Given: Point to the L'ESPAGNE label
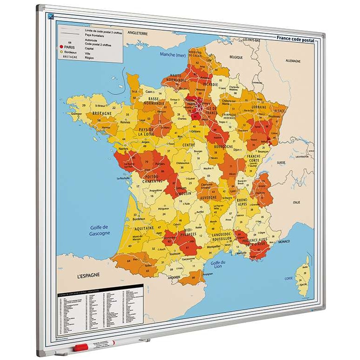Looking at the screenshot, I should click(x=88, y=275).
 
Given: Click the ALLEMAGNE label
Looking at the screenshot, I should click(x=293, y=61).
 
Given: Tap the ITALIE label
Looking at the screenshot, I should click(x=296, y=202).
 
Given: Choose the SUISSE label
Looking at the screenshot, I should click(x=281, y=163).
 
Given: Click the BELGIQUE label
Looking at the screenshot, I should click(x=236, y=57).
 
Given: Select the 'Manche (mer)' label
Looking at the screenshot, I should click(x=173, y=54).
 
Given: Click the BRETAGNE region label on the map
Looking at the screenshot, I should click(x=102, y=113).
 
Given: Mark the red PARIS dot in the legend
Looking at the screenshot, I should click(x=61, y=47).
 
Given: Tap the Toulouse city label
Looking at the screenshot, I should click(x=175, y=254).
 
